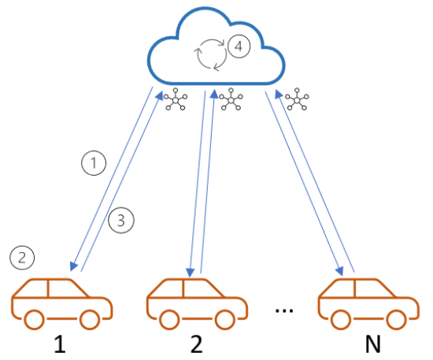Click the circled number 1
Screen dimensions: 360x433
point(94,163)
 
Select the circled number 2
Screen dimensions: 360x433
point(21,257)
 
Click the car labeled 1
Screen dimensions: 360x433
point(62,302)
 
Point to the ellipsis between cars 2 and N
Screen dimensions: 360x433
point(284,310)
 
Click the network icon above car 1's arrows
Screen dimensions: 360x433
point(176,101)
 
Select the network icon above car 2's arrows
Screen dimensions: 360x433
point(231,100)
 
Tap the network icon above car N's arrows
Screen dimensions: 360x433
point(297,100)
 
